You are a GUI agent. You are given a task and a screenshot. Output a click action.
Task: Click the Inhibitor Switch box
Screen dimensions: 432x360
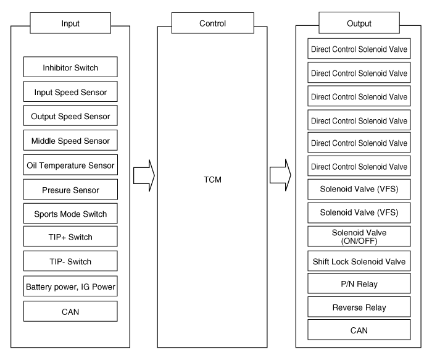[x=70, y=67]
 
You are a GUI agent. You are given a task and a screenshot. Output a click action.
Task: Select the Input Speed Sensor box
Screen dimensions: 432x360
[x=70, y=91]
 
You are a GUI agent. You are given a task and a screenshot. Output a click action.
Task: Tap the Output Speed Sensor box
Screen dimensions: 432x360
[x=70, y=115]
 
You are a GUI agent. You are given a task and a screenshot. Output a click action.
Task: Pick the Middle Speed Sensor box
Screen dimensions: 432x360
[x=70, y=140]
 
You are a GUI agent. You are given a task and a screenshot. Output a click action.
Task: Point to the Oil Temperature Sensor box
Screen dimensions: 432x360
[x=70, y=165]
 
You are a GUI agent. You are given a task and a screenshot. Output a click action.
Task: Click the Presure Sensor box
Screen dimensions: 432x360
[x=70, y=190]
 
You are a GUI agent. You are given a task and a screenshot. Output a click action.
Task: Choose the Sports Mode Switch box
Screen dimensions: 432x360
[x=70, y=214]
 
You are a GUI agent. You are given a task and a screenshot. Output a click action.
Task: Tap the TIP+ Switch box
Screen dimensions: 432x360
[x=70, y=237]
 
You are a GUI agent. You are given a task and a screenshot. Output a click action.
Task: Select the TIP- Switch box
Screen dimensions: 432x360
[x=70, y=261]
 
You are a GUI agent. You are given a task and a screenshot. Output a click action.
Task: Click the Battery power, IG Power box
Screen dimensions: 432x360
[x=70, y=286]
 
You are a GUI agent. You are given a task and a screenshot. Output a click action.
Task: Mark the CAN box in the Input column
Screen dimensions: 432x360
[x=70, y=311]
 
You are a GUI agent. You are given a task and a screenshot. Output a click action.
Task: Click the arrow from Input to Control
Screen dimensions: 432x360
[x=144, y=175]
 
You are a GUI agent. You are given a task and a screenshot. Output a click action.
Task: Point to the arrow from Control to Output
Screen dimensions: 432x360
[x=280, y=175]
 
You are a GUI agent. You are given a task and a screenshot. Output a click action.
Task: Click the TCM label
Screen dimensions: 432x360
[x=212, y=180]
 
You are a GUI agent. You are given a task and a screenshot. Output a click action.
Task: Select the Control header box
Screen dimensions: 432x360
[x=213, y=23]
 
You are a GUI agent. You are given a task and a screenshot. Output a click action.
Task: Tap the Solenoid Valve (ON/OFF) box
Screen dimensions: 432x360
[x=359, y=237]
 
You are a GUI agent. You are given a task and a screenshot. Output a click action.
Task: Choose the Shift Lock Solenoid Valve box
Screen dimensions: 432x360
[x=359, y=261]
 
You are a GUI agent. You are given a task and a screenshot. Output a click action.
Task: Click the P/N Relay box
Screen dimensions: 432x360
[x=359, y=283]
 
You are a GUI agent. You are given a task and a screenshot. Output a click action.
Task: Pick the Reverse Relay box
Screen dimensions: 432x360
[x=359, y=307]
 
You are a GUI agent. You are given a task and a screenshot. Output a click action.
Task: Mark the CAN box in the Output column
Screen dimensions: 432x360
[x=359, y=330]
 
